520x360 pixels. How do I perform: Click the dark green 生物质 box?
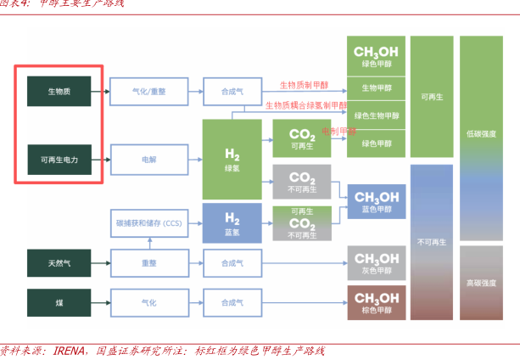click(59, 90)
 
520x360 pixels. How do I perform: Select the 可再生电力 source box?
click(59, 159)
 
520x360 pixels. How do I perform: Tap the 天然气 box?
click(59, 263)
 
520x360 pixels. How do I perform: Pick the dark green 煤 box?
click(59, 301)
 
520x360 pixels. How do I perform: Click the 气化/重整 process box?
click(148, 90)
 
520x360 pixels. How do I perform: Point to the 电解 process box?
click(148, 159)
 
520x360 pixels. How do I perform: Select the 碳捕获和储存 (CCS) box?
click(148, 222)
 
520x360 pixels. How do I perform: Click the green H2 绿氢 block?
click(232, 159)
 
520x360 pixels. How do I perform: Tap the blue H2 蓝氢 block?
click(232, 222)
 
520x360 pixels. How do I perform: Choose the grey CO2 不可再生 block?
click(302, 183)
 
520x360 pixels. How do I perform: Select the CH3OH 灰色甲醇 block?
click(376, 263)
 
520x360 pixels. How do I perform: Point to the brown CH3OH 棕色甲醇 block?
click(376, 301)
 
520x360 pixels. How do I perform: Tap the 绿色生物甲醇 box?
click(376, 115)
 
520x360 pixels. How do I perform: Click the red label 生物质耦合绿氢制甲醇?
click(306, 105)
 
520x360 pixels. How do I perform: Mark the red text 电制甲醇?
click(338, 132)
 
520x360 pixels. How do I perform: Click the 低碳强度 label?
click(481, 134)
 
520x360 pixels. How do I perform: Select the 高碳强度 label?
click(481, 282)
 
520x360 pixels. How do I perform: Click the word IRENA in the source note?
click(70, 351)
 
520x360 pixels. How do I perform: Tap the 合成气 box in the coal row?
click(232, 301)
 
